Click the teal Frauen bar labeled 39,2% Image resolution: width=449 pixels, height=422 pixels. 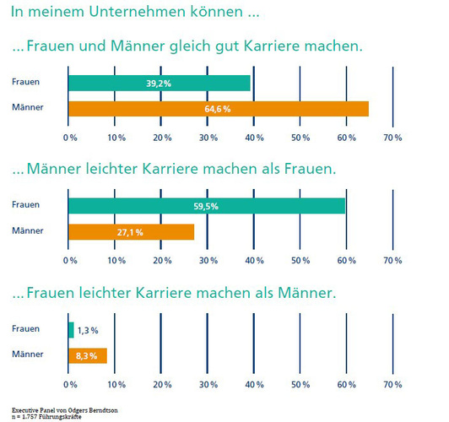click(x=159, y=83)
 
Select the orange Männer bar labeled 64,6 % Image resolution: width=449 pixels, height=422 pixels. click(x=218, y=108)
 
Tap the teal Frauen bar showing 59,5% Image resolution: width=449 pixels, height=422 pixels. click(x=206, y=205)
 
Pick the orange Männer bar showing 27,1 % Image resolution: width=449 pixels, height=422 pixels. click(x=131, y=231)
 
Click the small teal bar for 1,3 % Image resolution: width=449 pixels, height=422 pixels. click(x=71, y=329)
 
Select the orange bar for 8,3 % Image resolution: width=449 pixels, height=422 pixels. click(x=87, y=355)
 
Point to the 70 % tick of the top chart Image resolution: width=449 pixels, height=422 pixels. click(x=392, y=137)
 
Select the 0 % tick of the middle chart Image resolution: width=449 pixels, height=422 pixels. click(x=71, y=261)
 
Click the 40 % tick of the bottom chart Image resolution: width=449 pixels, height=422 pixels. click(x=254, y=384)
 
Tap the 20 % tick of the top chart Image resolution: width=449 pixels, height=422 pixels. click(x=162, y=137)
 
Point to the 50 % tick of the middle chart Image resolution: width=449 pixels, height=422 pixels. click(x=300, y=261)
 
